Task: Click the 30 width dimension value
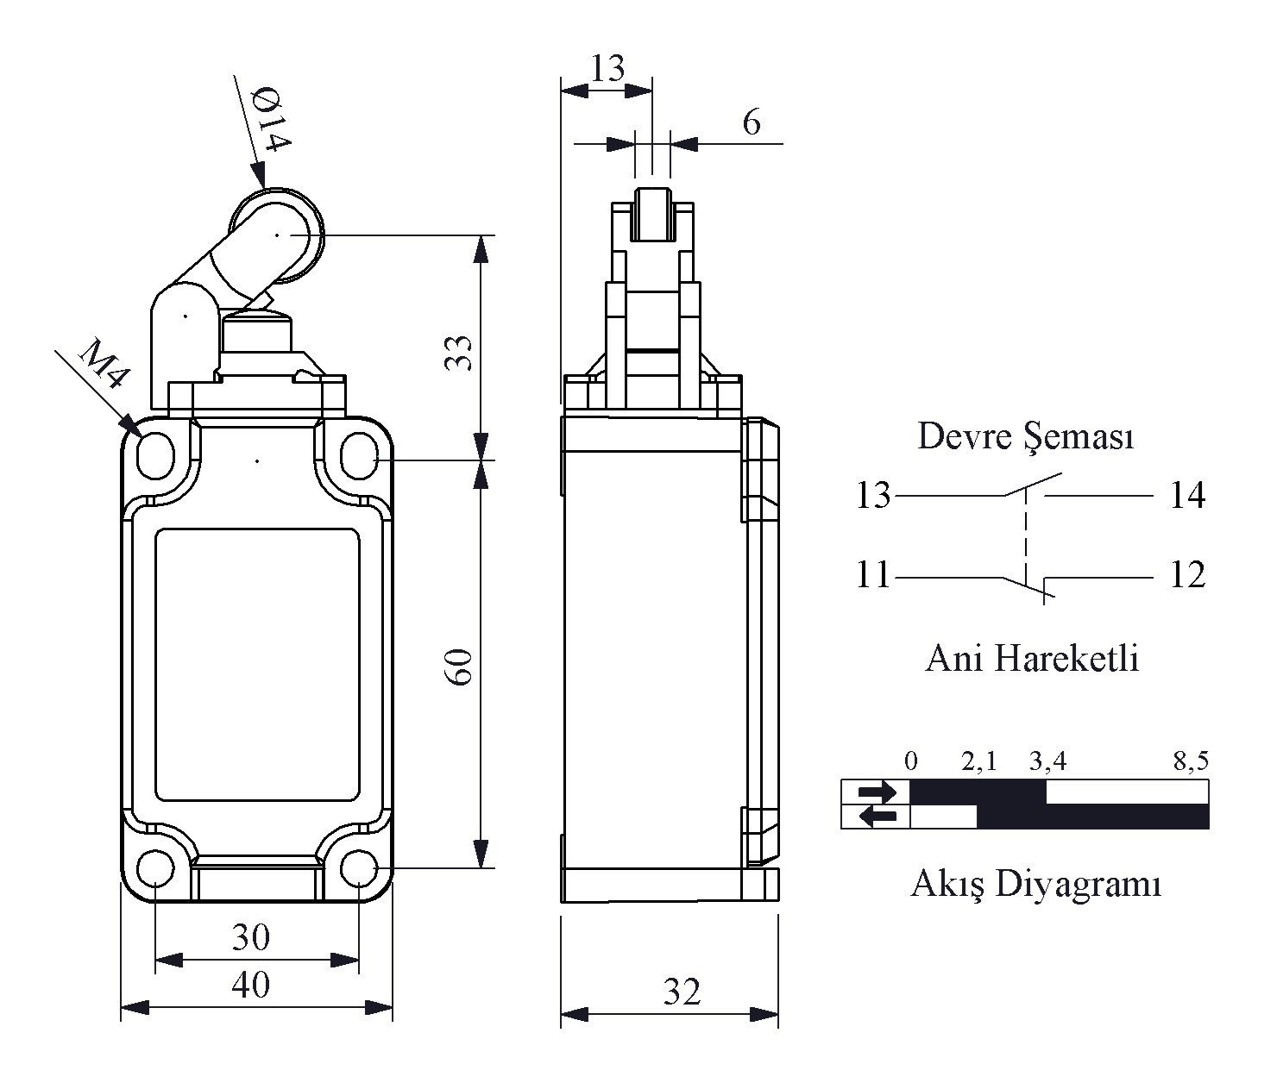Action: pos(251,937)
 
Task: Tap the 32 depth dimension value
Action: pos(682,993)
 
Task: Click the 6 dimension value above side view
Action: pos(751,123)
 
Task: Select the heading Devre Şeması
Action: pos(1025,436)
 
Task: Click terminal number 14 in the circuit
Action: pos(1187,496)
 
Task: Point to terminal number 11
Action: pos(872,575)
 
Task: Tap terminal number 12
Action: pos(1187,575)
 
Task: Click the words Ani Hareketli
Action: pos(1032,659)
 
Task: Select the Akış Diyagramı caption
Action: pos(1035,885)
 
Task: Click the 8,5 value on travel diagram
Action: pos(1191,761)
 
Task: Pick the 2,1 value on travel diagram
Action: pos(979,761)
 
